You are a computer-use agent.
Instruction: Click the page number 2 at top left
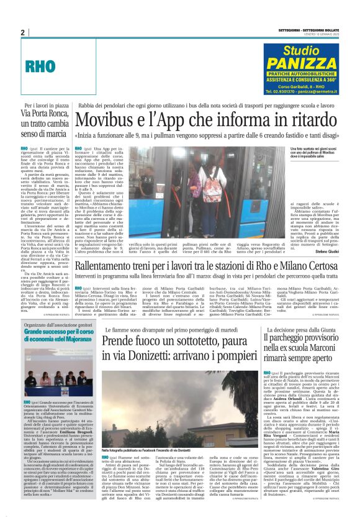point(22,32)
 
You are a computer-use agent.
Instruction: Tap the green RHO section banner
point(50,63)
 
